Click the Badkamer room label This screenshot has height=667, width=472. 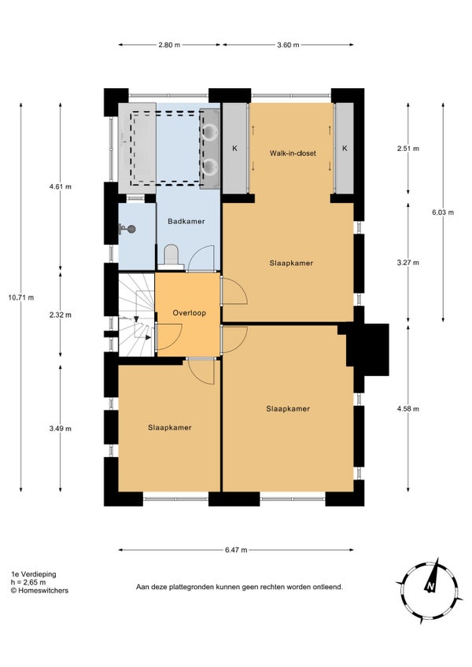186,221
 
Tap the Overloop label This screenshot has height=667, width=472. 189,313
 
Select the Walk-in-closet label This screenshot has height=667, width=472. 293,153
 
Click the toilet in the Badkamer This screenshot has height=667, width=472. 171,256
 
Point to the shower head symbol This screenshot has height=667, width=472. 128,229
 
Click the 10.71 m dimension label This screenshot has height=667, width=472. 21,298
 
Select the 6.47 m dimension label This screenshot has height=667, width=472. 236,550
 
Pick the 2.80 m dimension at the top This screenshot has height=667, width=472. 169,45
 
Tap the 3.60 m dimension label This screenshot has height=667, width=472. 288,45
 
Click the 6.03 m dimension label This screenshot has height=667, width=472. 443,212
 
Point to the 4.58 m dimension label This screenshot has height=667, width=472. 407,409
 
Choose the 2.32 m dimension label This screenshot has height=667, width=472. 61,315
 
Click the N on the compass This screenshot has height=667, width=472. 431,587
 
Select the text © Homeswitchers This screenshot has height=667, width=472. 39,591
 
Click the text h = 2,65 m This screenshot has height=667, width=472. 28,582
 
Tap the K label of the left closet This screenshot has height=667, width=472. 234,149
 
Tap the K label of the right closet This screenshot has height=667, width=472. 345,149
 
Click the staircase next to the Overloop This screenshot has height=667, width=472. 136,315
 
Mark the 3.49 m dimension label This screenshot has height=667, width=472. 61,429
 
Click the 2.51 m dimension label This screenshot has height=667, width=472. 407,149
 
